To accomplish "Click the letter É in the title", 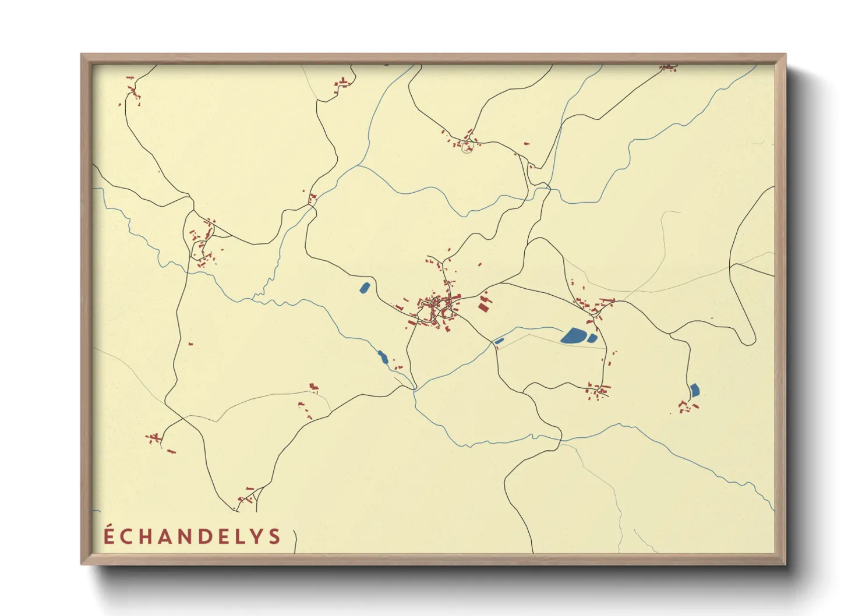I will [x=109, y=535].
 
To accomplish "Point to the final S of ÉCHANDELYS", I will [x=275, y=536].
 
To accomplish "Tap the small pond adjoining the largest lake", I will [x=592, y=338].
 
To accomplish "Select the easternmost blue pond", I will [x=694, y=390].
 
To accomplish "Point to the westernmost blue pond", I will [x=365, y=287].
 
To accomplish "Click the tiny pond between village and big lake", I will [x=499, y=341].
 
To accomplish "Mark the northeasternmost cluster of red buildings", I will [x=669, y=68].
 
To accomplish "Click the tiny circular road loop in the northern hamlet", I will [x=467, y=148].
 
